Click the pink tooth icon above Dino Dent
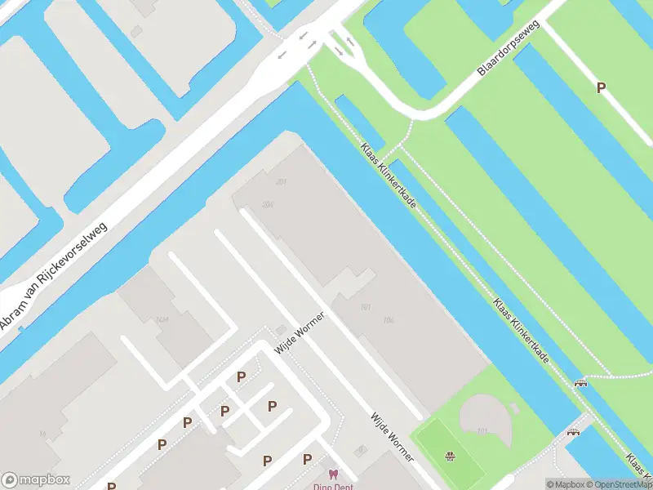coord(332,474)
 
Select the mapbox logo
coord(36,480)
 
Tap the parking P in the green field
coord(602,88)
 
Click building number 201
coord(282,181)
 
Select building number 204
coord(267,205)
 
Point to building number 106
coord(389,319)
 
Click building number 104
coord(162,319)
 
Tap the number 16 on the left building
coord(42,434)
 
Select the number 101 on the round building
coord(482,430)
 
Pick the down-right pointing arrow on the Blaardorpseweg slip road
coord(338,51)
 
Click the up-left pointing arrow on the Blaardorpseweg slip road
coord(350,41)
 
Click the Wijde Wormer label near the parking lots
coord(300,332)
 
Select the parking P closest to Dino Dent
coord(307,460)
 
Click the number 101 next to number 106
coord(365,307)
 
